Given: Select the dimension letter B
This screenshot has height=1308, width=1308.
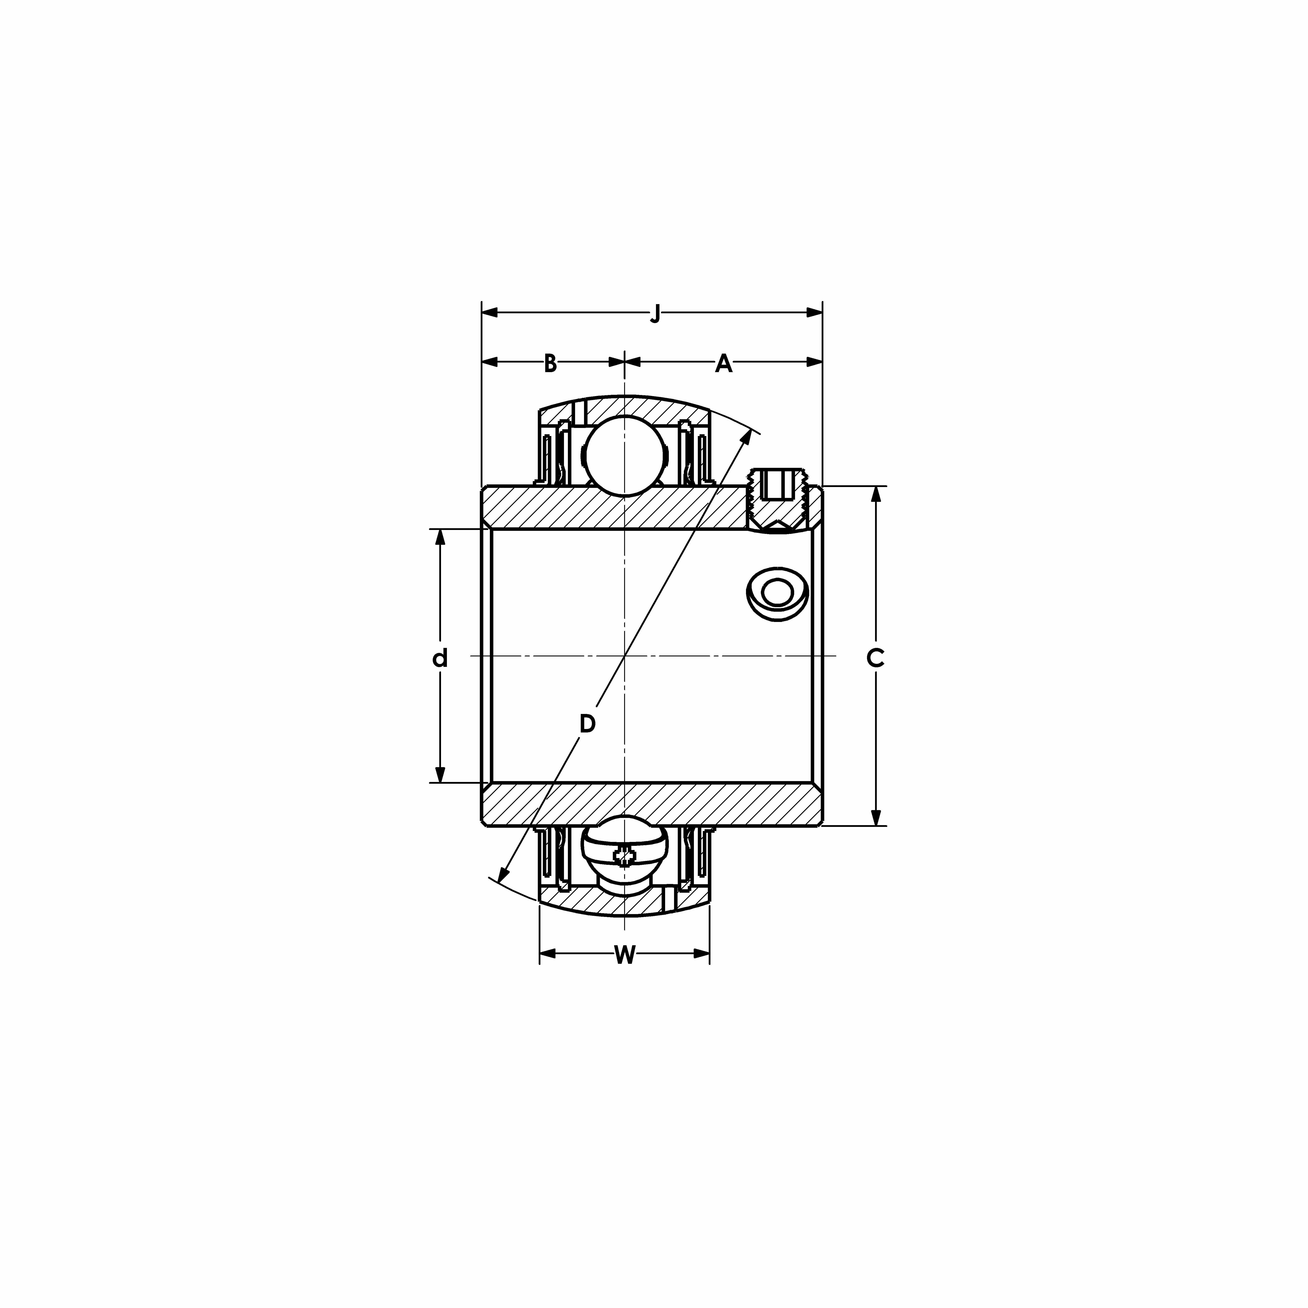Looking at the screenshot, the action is (x=550, y=364).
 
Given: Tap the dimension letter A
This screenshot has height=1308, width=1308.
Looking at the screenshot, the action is (x=724, y=364).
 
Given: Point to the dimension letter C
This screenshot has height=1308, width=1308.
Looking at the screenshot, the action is (x=875, y=657).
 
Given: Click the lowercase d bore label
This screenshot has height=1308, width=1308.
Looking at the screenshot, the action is (x=440, y=657).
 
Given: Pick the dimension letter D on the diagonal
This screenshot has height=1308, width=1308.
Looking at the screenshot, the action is (x=588, y=724).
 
